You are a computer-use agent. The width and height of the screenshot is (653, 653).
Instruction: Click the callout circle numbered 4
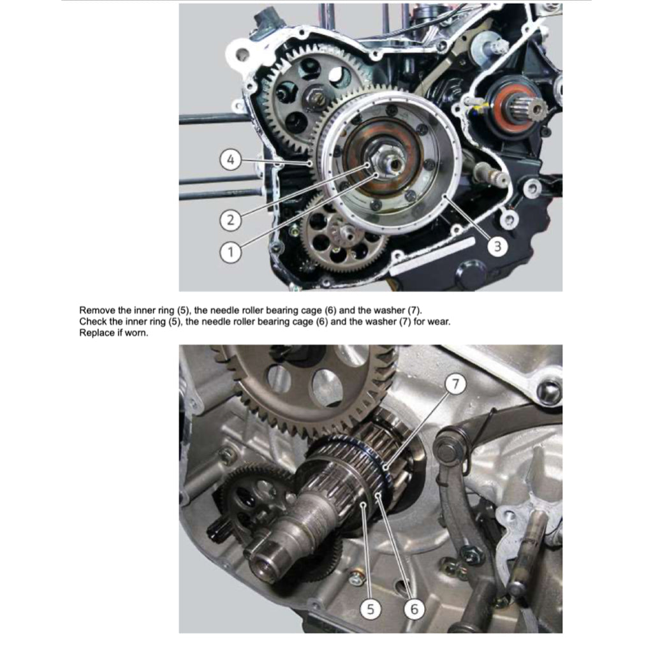pos(231,159)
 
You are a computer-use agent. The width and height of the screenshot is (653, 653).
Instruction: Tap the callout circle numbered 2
pos(231,221)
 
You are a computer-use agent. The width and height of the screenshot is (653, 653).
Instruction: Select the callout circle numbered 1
pos(231,252)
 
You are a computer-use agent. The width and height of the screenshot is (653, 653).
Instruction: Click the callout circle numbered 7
pos(455,384)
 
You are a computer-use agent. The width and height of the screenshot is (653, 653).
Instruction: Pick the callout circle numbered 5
pos(371,609)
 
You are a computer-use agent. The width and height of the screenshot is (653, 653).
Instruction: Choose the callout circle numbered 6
pos(414,609)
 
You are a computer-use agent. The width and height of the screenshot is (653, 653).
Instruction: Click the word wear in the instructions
pos(438,321)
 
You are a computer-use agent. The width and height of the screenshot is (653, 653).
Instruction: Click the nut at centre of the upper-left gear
pos(314,99)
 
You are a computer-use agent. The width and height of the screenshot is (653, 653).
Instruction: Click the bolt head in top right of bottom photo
pos(548,391)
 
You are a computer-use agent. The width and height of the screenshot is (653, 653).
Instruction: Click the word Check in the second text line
pos(93,321)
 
